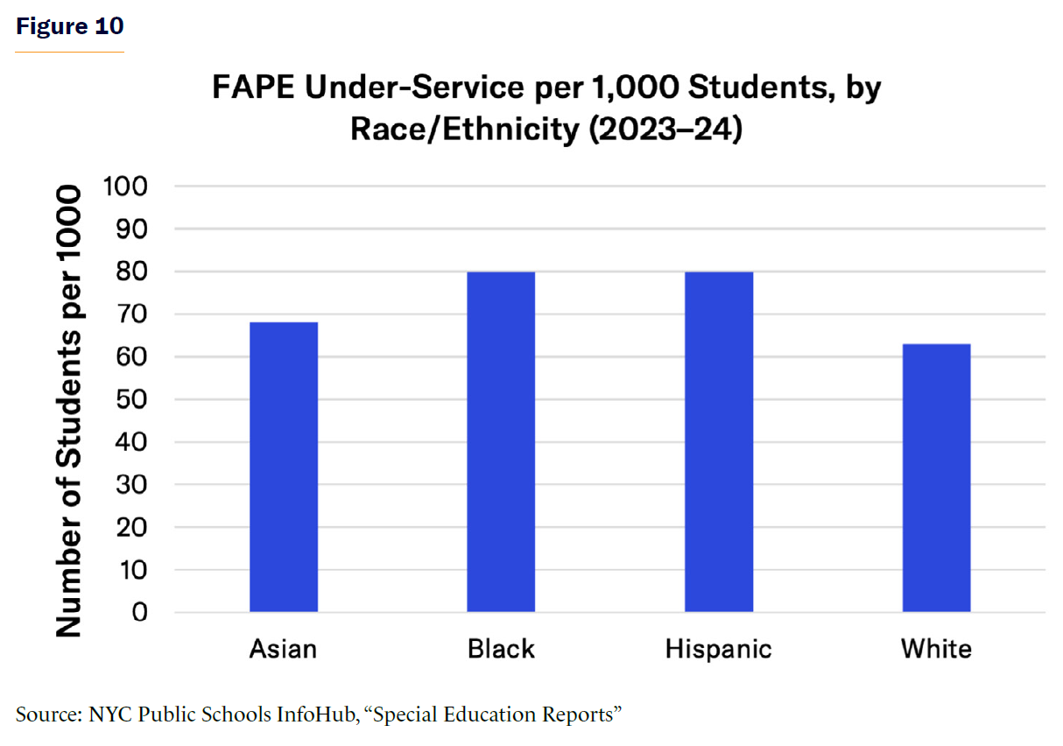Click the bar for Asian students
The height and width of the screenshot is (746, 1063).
(x=283, y=467)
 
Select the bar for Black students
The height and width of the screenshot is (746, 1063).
(x=501, y=441)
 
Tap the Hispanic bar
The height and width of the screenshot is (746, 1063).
(x=719, y=441)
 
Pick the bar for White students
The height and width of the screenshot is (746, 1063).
(x=936, y=477)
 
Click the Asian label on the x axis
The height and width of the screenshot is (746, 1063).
(x=283, y=650)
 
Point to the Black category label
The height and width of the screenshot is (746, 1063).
(x=501, y=650)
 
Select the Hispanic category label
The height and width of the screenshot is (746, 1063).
(x=719, y=650)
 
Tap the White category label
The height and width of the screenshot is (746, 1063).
(x=936, y=650)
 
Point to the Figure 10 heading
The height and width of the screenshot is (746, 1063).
(x=70, y=27)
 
